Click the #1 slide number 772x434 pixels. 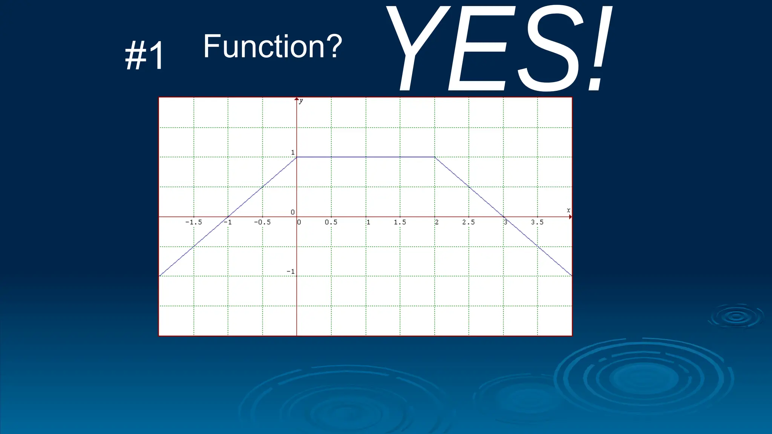pos(145,56)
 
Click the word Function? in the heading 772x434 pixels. pos(272,46)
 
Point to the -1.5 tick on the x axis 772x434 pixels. pos(193,222)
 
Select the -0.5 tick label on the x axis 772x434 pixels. pos(262,222)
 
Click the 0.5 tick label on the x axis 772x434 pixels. pos(331,222)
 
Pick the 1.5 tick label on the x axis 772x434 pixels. pos(400,222)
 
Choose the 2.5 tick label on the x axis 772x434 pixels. pos(469,222)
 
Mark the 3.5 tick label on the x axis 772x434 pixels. pos(537,222)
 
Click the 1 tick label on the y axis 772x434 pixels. pos(293,153)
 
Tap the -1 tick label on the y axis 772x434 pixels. pos(291,272)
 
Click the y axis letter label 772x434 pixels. pos(301,101)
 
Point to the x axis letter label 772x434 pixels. pos(568,210)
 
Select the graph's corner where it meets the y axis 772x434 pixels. pos(297,157)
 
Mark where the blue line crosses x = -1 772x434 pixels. pos(228,217)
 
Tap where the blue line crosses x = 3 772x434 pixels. pos(504,217)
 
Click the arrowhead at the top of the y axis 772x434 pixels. pos(297,99)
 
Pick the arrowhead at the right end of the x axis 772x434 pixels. pos(570,217)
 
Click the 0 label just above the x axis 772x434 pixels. pos(293,212)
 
